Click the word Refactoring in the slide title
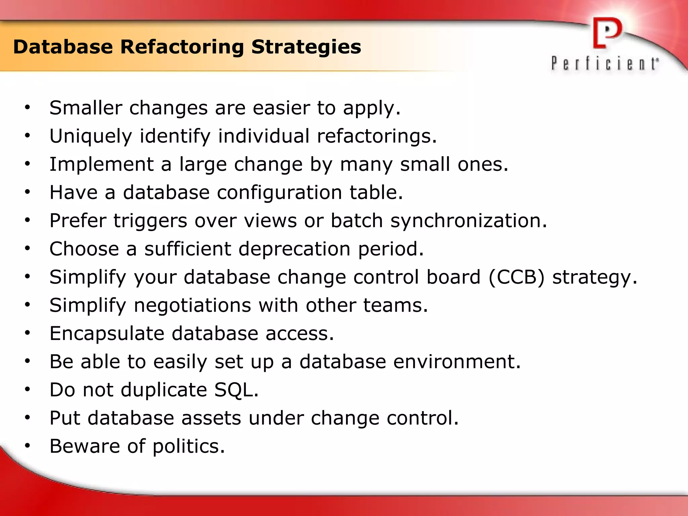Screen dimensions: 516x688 pos(182,47)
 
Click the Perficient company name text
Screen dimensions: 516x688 pos(605,63)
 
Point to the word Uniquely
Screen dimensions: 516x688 pos(91,136)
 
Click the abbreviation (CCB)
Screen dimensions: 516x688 pos(516,277)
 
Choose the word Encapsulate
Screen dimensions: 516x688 pos(107,334)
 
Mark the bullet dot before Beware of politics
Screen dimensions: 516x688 pos(28,446)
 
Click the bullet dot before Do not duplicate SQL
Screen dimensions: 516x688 pos(28,390)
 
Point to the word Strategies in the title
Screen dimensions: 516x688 pos(306,47)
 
